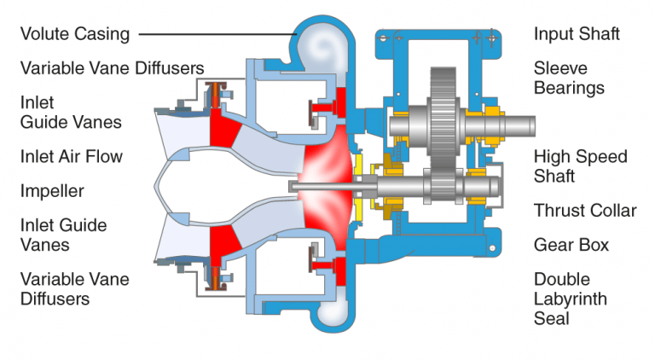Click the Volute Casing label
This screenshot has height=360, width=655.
[x=75, y=34]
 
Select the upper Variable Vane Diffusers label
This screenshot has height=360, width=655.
[x=112, y=67]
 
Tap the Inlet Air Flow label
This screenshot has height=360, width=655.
[x=72, y=156]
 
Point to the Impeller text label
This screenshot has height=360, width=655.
[x=52, y=190]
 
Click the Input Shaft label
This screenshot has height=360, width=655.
[x=577, y=34]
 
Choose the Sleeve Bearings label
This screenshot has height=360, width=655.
[x=569, y=78]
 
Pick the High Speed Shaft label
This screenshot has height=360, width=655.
[x=580, y=166]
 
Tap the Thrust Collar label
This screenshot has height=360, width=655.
[x=585, y=211]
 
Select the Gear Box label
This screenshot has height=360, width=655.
[x=571, y=245]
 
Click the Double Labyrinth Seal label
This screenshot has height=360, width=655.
[x=573, y=299]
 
